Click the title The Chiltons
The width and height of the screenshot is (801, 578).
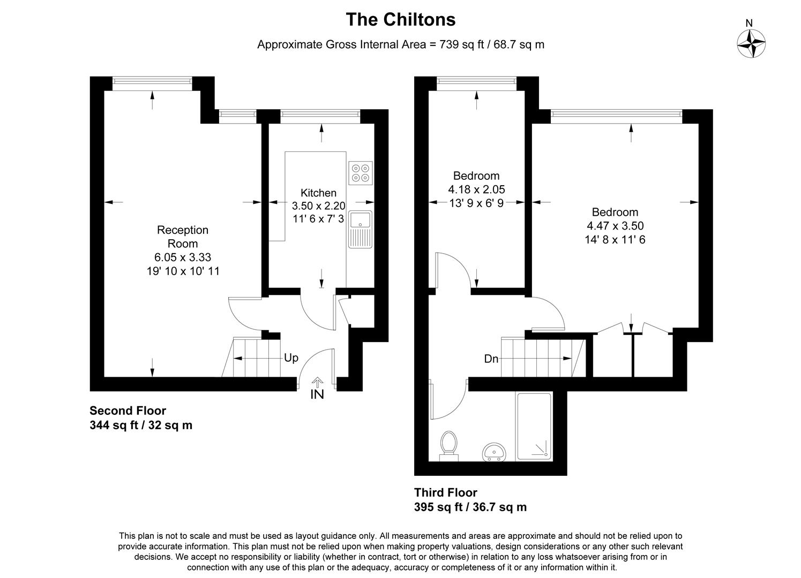point(401,20)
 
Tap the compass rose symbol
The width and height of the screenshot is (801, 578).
point(751,43)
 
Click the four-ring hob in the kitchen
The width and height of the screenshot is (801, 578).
point(361,173)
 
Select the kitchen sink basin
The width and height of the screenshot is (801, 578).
point(361,219)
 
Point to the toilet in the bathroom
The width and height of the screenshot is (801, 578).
point(449,446)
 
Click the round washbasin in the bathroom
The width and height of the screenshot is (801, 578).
point(494,453)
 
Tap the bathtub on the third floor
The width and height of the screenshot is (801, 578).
point(534,427)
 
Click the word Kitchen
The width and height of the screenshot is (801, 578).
point(318,193)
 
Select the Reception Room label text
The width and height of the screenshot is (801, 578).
point(183,237)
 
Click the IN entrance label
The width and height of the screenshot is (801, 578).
point(317,394)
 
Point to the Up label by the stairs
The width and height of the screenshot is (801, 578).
point(291,358)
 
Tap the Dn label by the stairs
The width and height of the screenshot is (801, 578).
point(491,359)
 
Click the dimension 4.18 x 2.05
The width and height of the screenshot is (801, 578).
point(476,189)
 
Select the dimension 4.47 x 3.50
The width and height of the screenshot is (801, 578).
point(615,226)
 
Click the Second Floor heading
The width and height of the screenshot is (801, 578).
point(128,411)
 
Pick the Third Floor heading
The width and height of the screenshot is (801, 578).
point(446,492)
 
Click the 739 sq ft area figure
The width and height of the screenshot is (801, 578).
point(462,44)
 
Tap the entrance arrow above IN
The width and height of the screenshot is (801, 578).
point(317,382)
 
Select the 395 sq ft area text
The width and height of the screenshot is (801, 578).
point(438,507)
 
